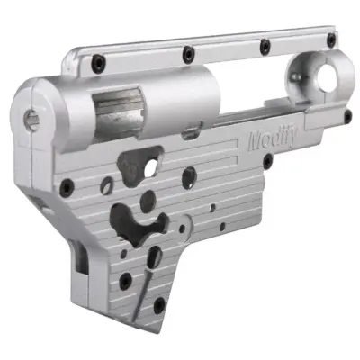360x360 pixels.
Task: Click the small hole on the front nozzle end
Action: pos(33,113)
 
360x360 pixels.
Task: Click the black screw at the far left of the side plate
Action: pos(66,187)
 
